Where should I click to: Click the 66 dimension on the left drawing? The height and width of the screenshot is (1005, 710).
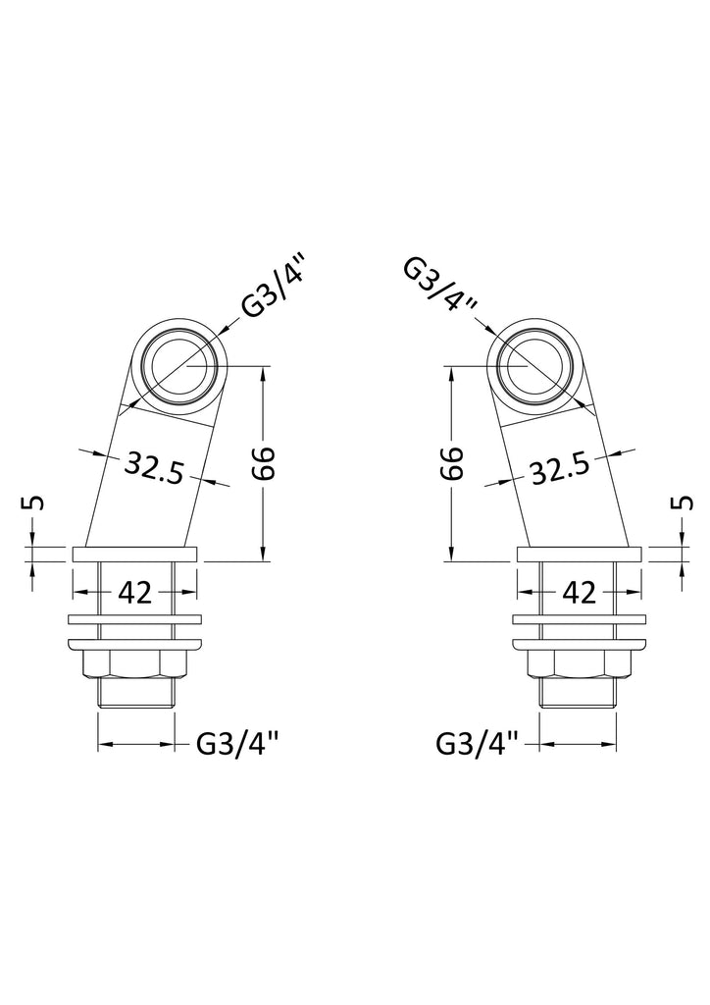coord(263,464)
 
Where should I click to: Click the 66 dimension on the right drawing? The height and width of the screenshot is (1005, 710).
coord(451,464)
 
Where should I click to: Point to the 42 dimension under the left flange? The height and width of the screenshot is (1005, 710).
coord(135,593)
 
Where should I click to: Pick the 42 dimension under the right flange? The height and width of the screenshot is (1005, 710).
coord(580,593)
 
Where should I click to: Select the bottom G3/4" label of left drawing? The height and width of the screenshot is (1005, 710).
coord(238,745)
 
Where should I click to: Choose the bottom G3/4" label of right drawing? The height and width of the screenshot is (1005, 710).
coord(478,745)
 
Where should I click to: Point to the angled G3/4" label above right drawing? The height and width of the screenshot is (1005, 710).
coord(441,286)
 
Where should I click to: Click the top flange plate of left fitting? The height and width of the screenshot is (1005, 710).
coord(134,555)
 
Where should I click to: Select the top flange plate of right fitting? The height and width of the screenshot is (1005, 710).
coord(579,555)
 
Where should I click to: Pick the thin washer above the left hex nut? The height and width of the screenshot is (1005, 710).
coord(135,620)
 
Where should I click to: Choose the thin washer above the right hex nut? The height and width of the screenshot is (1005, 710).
coord(579,620)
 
